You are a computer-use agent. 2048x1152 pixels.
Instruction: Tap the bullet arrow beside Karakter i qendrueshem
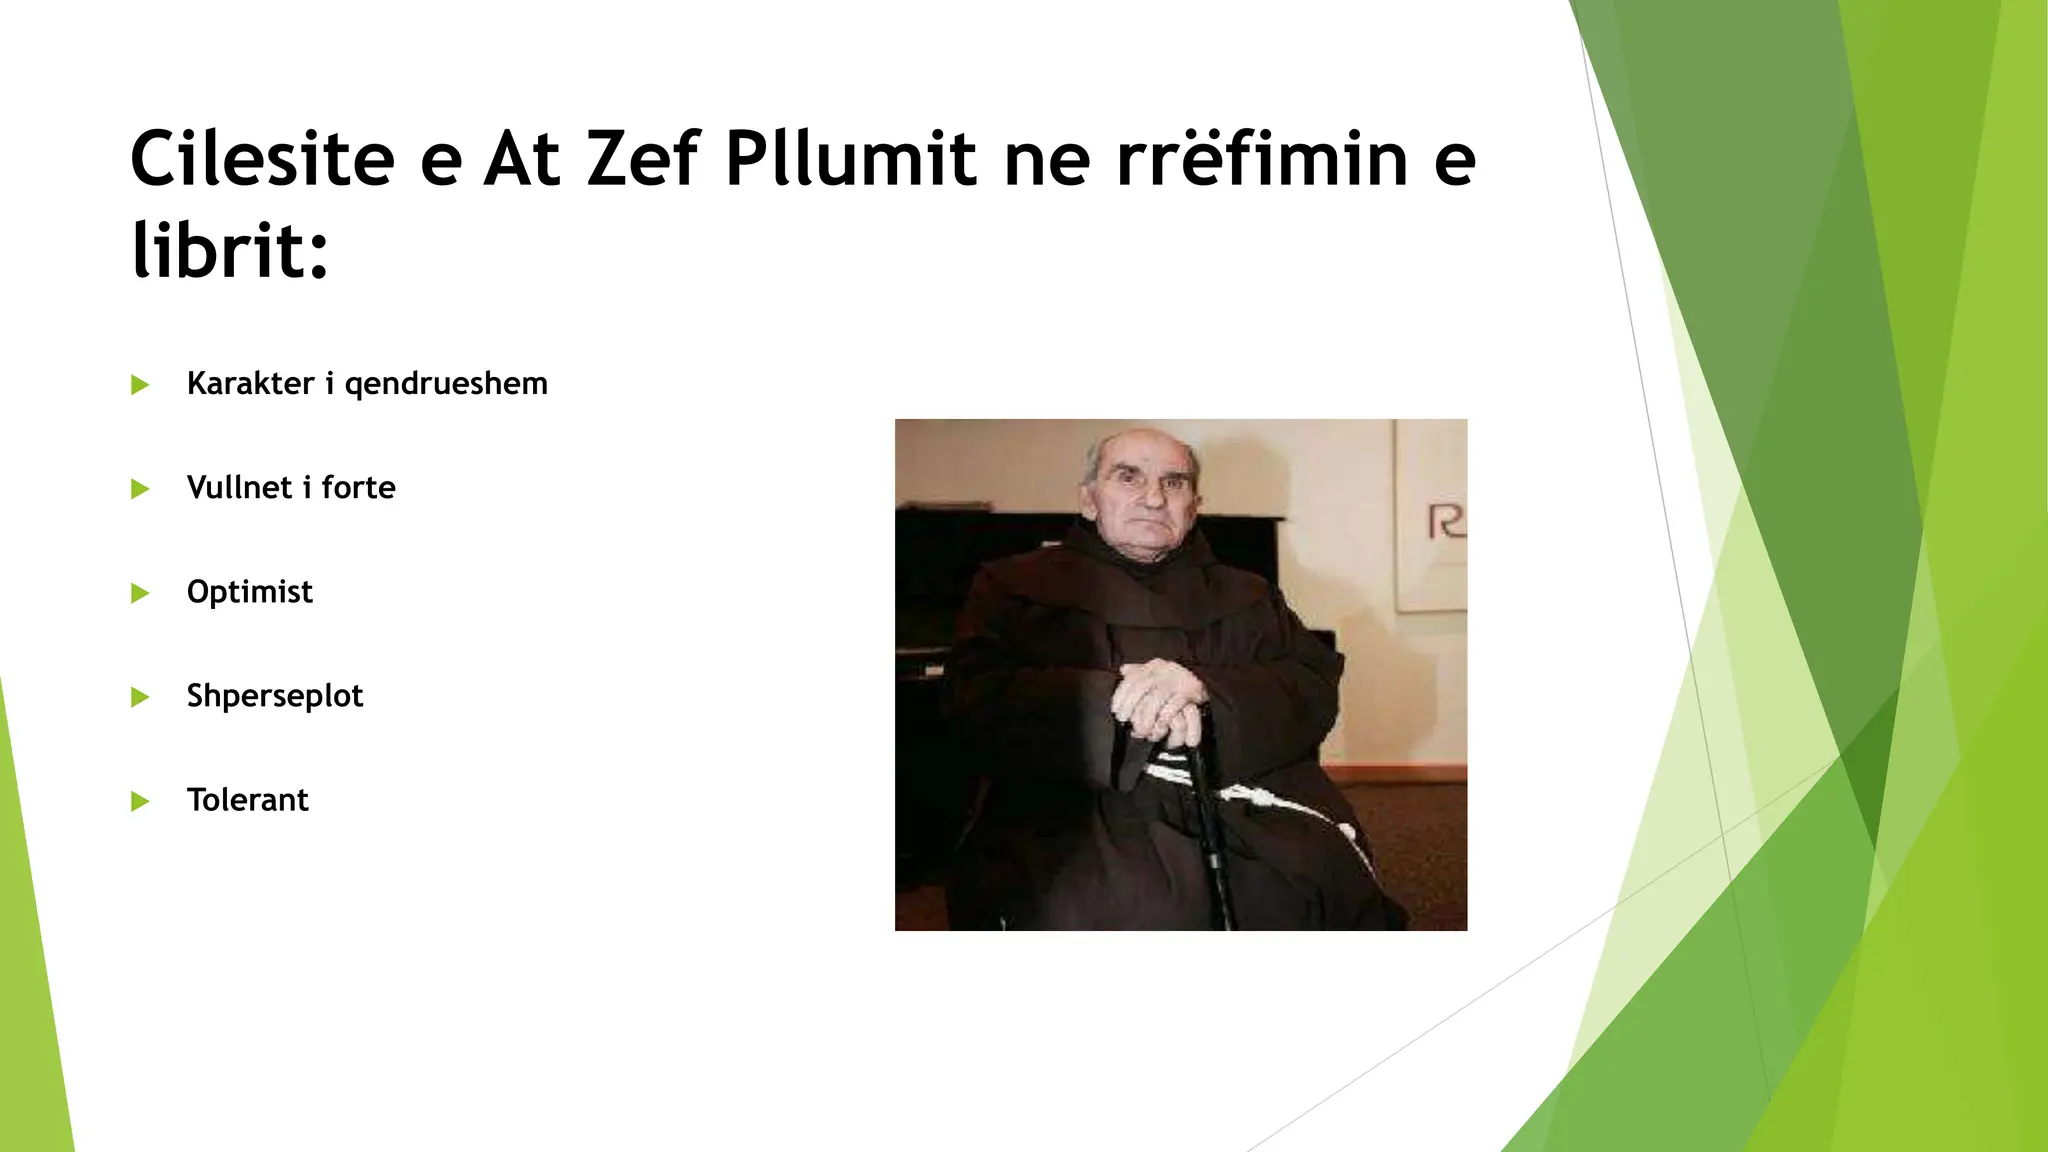tap(140, 385)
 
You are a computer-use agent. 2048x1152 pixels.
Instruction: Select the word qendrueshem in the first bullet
tap(446, 385)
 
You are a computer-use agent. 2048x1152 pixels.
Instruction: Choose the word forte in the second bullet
tap(358, 487)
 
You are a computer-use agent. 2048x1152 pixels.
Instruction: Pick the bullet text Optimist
tap(249, 592)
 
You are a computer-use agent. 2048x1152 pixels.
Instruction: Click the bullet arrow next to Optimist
tap(140, 593)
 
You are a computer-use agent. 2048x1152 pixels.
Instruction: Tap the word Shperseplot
tap(274, 696)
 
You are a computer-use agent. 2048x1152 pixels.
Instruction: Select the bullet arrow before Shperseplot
tap(140, 697)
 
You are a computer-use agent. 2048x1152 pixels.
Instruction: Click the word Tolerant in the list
tap(247, 800)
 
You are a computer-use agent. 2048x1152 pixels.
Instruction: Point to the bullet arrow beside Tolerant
tap(140, 801)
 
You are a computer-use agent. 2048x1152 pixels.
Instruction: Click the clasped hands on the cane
tap(1160, 700)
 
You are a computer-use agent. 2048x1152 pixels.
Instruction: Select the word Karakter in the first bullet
tap(250, 384)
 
